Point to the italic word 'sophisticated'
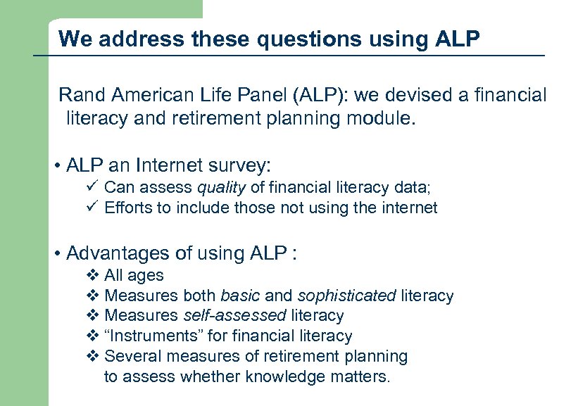[x=346, y=296]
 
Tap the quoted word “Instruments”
[x=151, y=336]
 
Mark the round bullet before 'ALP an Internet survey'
[x=56, y=167]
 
